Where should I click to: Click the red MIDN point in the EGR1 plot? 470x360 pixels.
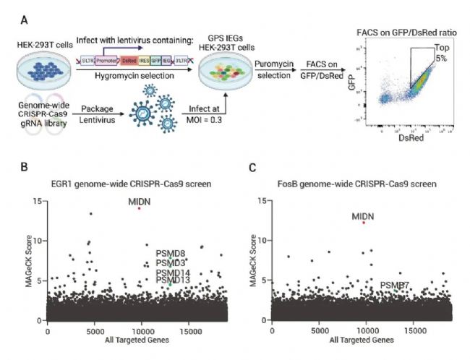coord(138,208)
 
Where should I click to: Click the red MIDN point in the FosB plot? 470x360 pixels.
coord(364,223)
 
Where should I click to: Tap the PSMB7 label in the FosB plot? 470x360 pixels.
coord(396,286)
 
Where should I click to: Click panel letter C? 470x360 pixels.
coord(252,168)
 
